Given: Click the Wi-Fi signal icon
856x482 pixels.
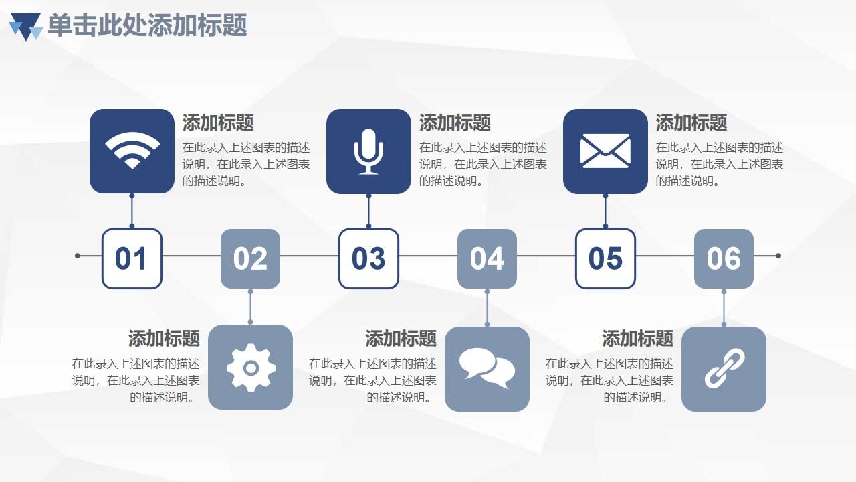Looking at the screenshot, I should coord(132,151).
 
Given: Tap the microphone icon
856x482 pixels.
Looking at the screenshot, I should coord(368,151).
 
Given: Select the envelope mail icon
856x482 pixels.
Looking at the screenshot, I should coord(605,151).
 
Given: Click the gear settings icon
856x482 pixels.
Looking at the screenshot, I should coord(251,368).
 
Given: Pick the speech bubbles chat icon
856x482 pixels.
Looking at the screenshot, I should coord(487,368).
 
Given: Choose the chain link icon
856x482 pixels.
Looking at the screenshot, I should coord(724,368).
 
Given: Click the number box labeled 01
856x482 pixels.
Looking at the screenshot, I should coord(132,259).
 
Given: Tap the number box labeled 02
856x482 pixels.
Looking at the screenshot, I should coord(250,259).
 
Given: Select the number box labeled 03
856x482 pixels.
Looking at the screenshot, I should coord(368,259).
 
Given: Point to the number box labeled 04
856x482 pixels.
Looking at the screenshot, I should coord(487,259).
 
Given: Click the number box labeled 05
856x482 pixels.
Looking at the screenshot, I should coord(605,259).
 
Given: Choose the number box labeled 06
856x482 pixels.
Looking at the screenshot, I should coord(724,259).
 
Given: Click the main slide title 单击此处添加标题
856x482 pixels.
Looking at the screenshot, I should coord(147,25).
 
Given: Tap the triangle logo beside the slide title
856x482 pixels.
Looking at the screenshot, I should coord(25,27).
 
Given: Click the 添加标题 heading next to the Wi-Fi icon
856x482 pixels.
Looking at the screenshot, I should coord(218,123).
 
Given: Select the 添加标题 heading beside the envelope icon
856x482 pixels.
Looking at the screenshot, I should coord(691,123).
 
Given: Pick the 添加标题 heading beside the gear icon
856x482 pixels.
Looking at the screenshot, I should coord(164,339).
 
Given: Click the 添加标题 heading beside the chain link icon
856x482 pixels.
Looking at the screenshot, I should coord(637,339).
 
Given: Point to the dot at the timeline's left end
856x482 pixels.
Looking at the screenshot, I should coord(78,256).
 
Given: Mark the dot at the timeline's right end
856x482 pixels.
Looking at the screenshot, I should coord(778,256).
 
